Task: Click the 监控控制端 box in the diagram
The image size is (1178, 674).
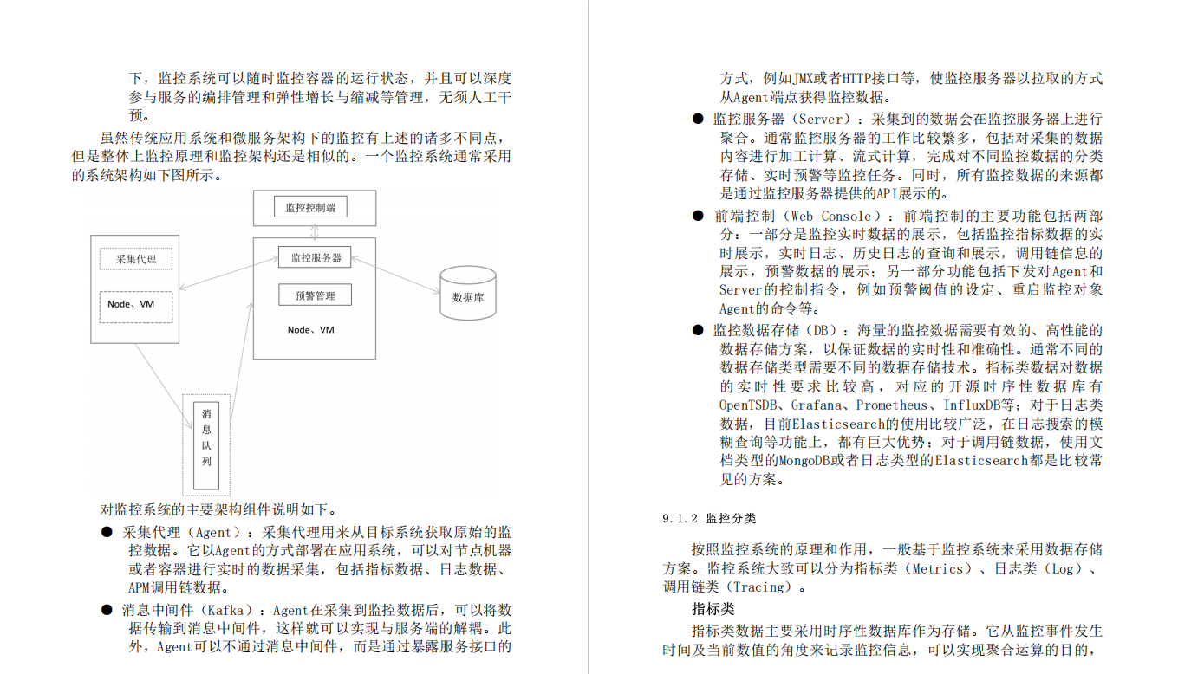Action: coord(310,207)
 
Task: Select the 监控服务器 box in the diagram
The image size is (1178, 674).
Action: coord(316,257)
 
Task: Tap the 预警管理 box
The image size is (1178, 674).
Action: coord(315,295)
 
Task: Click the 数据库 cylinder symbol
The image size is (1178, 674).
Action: coord(468,295)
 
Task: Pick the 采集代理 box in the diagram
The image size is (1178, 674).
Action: coord(135,259)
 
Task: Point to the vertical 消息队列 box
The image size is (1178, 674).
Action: coord(206,445)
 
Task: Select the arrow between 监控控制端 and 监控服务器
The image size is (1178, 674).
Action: coord(313,232)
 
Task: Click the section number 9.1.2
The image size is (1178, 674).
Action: coord(680,519)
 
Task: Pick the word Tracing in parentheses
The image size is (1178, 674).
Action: coord(761,587)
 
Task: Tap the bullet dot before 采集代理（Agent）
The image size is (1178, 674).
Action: coord(107,532)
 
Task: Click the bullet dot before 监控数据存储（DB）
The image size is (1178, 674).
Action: coord(698,330)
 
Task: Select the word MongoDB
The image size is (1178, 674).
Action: coord(808,461)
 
